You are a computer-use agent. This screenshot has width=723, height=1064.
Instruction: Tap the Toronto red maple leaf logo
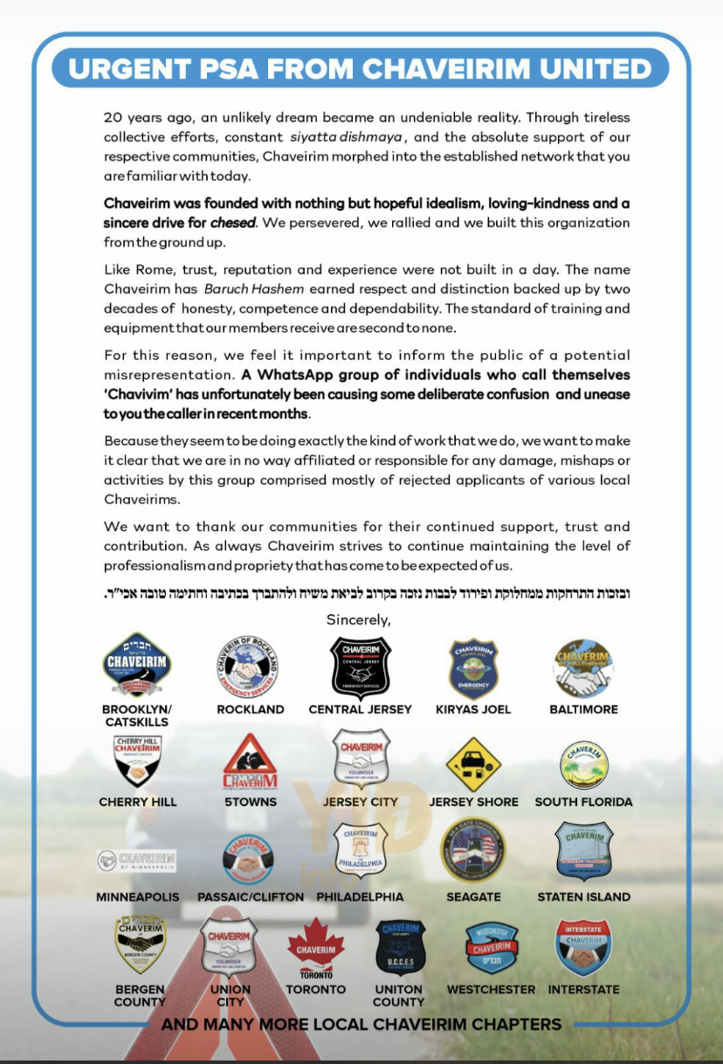coord(315,947)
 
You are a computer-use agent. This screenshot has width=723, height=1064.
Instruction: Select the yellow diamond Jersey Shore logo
coord(473,764)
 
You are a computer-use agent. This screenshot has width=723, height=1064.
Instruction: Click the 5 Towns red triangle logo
coord(250,763)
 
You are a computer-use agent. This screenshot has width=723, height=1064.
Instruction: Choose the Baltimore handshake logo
coord(583,668)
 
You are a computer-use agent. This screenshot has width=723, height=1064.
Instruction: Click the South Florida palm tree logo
coord(583,764)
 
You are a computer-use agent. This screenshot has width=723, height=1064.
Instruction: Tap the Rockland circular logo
coord(250,667)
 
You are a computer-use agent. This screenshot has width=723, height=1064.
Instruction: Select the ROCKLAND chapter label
coord(251,709)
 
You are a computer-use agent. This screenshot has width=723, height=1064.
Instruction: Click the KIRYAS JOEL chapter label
coord(473,709)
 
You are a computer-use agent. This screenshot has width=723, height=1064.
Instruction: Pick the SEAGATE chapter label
coord(473,896)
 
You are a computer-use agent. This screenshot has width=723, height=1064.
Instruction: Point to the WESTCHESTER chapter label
coord(491,990)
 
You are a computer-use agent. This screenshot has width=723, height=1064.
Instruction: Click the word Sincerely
coord(358,619)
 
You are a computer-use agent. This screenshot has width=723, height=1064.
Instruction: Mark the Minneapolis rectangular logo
coord(137,860)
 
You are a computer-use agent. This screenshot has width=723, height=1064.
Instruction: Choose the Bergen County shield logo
coord(140,943)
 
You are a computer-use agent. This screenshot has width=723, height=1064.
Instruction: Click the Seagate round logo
coord(473,850)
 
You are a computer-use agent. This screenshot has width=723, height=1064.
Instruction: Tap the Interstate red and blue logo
coord(583,947)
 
